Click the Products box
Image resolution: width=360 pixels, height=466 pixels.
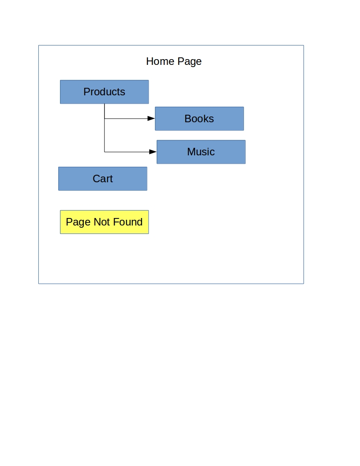point(104,92)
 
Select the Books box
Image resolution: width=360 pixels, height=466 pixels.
point(199,119)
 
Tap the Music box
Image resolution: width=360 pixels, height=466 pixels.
point(201,152)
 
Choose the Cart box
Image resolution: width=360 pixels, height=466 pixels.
point(103,179)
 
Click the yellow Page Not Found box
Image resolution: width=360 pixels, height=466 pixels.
point(104,222)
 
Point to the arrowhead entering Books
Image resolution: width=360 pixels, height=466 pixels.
point(151,119)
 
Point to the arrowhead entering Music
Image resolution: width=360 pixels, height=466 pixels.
point(153,152)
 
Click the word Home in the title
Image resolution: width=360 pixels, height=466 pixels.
point(160,61)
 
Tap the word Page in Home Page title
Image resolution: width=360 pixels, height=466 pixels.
point(190,62)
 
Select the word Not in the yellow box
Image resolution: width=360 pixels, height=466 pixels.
point(102,222)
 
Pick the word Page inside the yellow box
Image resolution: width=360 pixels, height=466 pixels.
point(78,222)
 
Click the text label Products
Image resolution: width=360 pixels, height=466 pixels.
point(104,92)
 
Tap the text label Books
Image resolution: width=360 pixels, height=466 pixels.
point(199,119)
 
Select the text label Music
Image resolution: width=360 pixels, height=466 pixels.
point(201,152)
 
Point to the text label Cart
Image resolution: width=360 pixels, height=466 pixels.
point(103,179)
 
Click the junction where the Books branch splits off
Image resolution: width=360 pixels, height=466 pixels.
point(104,119)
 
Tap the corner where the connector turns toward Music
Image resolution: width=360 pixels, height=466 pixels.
point(104,152)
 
